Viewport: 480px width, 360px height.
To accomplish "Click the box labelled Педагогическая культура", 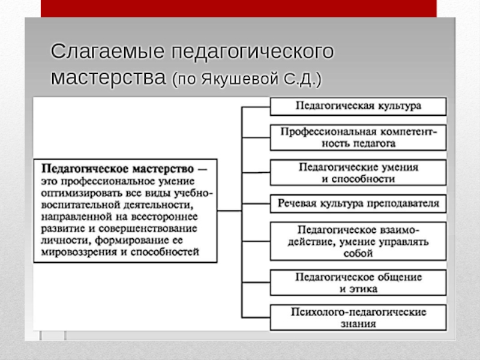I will coord(358,106).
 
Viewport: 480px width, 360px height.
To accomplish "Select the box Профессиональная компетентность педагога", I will coord(358,137).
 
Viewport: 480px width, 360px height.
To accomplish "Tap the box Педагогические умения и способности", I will coord(358,172).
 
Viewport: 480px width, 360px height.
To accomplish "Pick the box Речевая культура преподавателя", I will coord(358,204).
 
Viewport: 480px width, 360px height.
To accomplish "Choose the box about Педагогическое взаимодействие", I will coord(358,241).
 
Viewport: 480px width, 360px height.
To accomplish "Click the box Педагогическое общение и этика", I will coord(358,283).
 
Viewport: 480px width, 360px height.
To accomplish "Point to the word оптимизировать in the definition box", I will coord(78,193).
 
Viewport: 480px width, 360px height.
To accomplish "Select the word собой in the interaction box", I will coord(358,253).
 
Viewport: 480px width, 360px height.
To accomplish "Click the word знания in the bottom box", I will coord(358,324).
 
